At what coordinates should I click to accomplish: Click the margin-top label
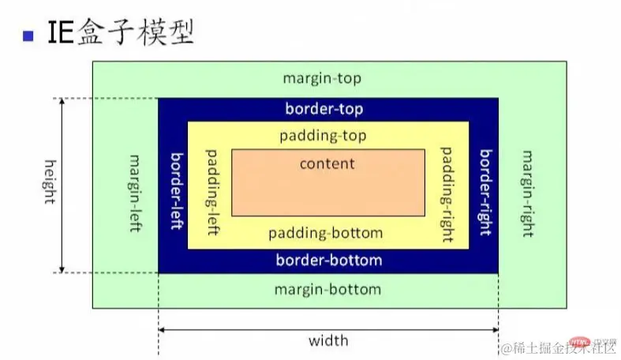tap(322, 79)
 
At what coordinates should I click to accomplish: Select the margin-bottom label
tap(327, 289)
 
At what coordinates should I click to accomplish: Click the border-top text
tap(324, 109)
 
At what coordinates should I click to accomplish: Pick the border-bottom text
tap(328, 260)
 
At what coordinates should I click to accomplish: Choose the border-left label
tap(176, 189)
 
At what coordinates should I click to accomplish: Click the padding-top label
tap(323, 136)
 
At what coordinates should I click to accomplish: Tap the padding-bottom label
tap(325, 233)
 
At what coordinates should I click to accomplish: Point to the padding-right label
tap(447, 186)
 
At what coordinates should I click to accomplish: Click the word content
tap(327, 163)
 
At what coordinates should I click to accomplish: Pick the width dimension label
tap(328, 341)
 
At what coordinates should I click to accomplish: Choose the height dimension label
tap(49, 182)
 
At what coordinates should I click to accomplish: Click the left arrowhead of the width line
tap(162, 329)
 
